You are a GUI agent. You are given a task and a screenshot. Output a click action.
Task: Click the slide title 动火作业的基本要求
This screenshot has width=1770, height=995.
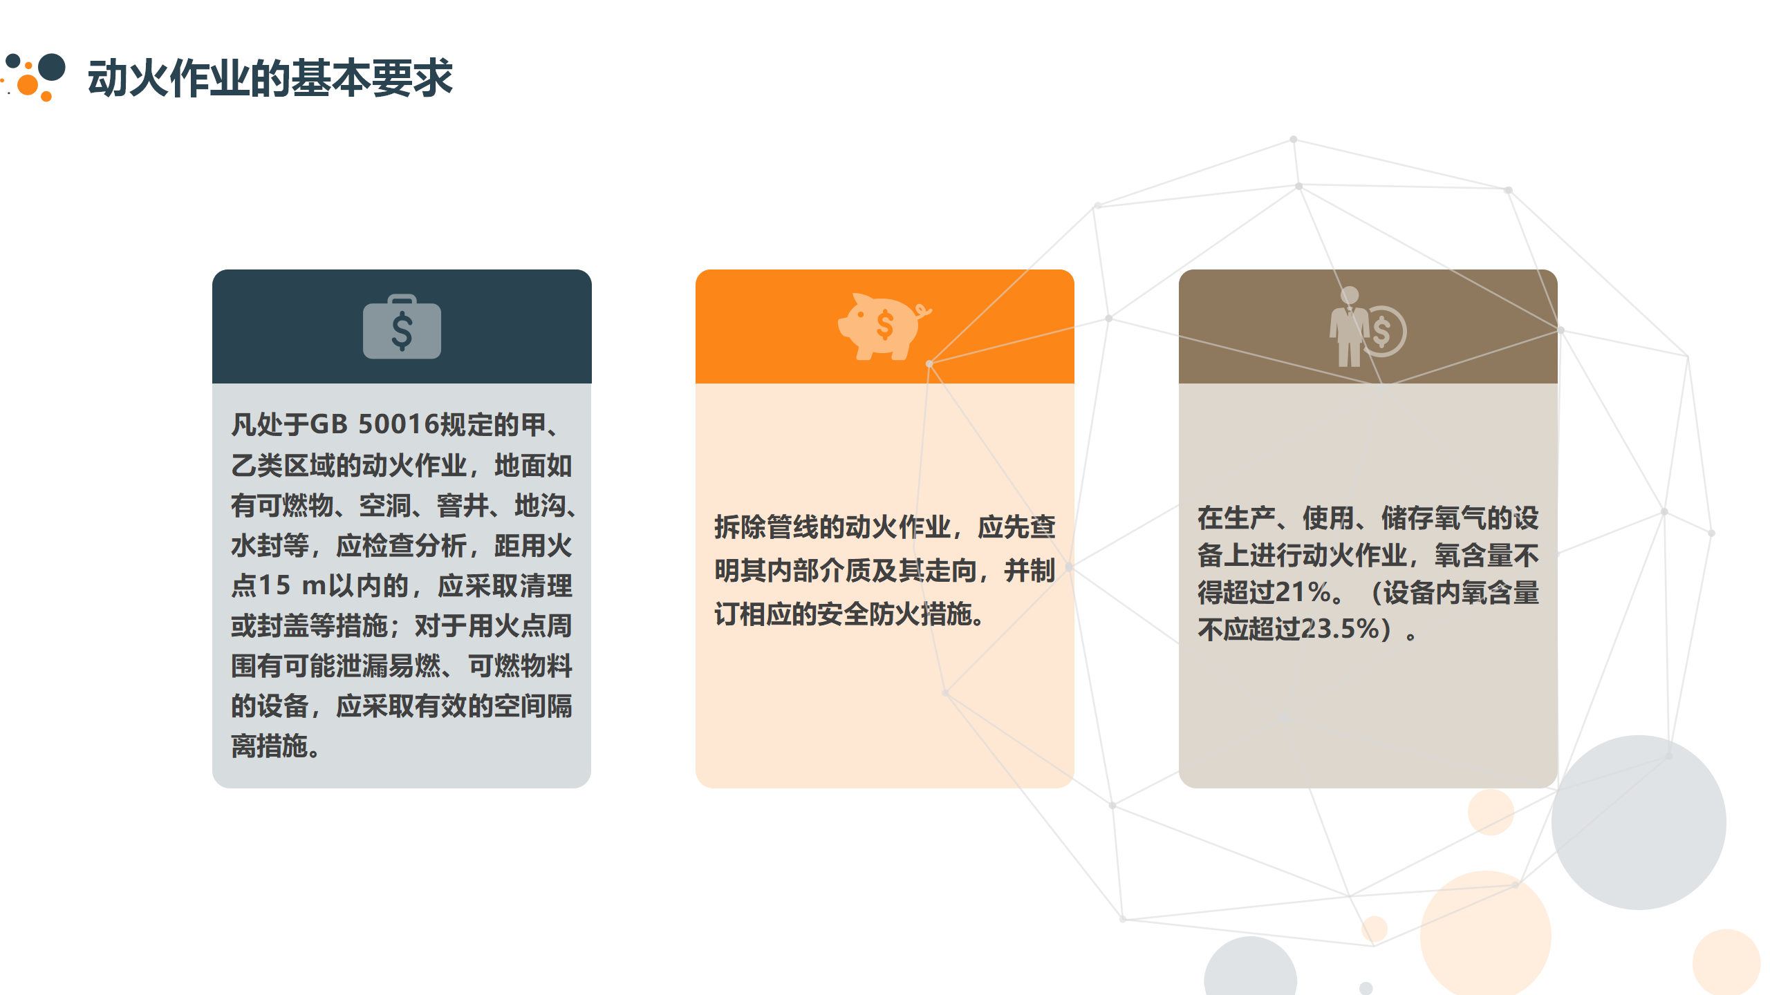point(270,77)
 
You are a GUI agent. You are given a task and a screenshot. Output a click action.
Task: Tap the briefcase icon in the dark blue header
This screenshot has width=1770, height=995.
point(402,327)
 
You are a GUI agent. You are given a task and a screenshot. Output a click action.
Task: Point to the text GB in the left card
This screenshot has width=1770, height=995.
point(328,424)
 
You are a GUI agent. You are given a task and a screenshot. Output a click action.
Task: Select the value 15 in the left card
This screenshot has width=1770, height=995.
point(274,585)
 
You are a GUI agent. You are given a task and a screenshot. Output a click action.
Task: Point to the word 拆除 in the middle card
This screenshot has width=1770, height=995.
point(740,527)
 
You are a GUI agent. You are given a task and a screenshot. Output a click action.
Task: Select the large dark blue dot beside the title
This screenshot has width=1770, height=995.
point(52,68)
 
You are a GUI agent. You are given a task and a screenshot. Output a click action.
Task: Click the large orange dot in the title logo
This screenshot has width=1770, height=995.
point(28,85)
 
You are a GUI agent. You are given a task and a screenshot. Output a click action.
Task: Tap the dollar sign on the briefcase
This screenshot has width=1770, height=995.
point(402,330)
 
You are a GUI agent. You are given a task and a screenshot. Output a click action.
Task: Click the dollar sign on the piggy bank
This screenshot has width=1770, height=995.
point(885,325)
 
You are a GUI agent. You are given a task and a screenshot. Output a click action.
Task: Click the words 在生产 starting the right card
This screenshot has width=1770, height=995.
point(1236,518)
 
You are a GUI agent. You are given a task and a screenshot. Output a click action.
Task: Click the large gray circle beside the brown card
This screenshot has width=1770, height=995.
point(1639,822)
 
